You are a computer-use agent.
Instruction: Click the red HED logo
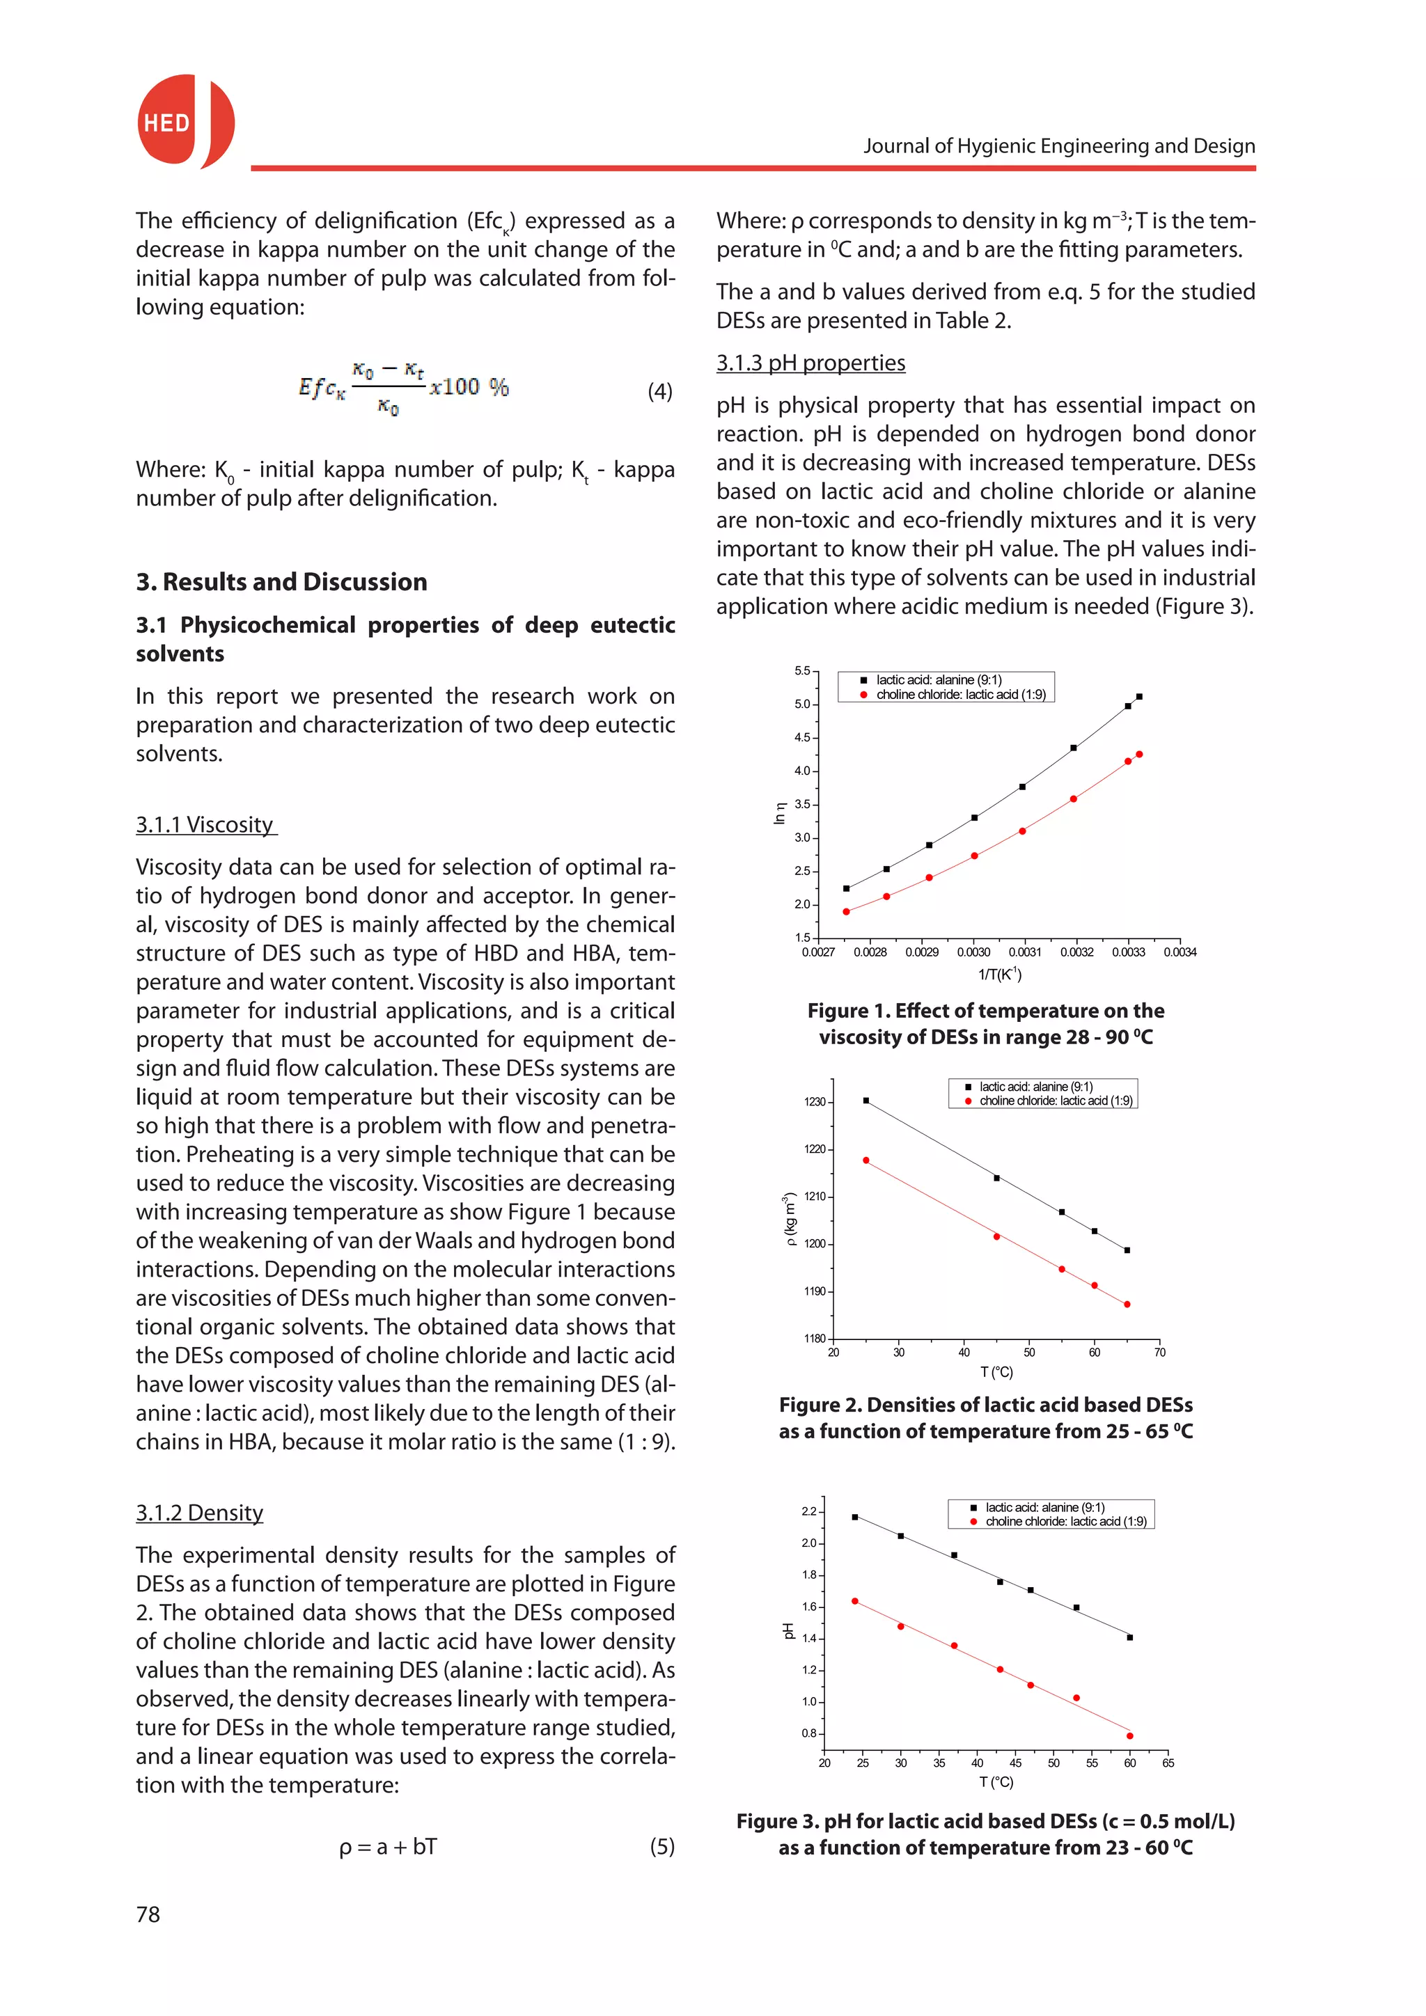[x=185, y=121]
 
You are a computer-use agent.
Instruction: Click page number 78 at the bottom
[x=148, y=1914]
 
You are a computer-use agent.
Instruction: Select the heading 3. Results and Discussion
[x=281, y=581]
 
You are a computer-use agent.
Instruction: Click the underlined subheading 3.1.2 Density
[x=199, y=1512]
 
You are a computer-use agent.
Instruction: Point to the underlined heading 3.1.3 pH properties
[x=810, y=363]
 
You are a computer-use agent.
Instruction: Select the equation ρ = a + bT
[x=387, y=1847]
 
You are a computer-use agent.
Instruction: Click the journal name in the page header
[x=1059, y=145]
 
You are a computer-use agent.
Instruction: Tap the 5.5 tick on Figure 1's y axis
[x=803, y=671]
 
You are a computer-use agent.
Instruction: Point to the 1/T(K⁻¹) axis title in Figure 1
[x=999, y=974]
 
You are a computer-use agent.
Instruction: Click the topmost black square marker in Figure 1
[x=1139, y=696]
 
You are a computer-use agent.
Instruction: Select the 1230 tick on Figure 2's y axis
[x=815, y=1102]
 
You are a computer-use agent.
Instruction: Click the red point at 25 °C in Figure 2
[x=865, y=1160]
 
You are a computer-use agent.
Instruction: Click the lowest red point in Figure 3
[x=1129, y=1736]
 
